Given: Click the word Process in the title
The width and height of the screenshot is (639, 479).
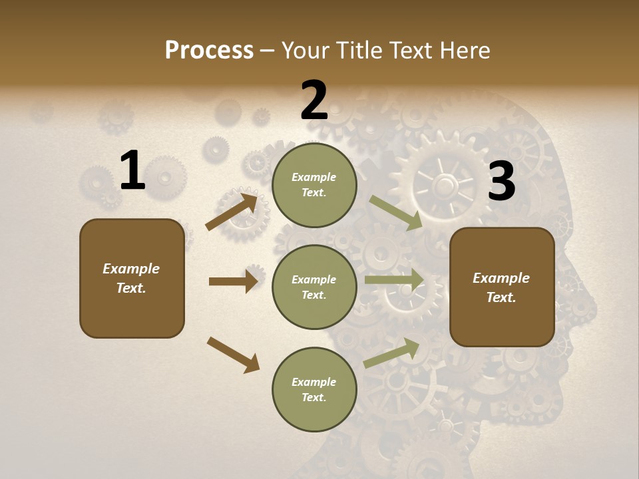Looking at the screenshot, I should [x=209, y=51].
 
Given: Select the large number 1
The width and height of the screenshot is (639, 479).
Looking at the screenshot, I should [x=132, y=171].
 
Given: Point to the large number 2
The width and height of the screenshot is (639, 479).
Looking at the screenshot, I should [x=314, y=101].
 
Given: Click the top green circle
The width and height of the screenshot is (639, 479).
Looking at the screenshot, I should [x=314, y=184].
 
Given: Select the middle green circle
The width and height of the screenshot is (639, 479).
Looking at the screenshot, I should [x=314, y=287].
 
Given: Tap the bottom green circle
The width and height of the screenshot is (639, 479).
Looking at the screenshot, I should [x=314, y=389].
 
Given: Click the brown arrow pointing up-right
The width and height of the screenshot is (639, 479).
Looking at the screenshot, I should [x=232, y=211].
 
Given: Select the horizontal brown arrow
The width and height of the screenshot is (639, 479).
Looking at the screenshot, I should [x=233, y=281].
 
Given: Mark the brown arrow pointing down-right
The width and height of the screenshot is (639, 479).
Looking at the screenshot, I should [x=234, y=355].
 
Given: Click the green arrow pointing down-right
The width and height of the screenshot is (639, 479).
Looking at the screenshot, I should [x=396, y=213].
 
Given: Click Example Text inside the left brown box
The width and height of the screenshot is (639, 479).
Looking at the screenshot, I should [x=131, y=278].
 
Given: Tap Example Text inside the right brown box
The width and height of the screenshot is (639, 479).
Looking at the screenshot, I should [x=501, y=287].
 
